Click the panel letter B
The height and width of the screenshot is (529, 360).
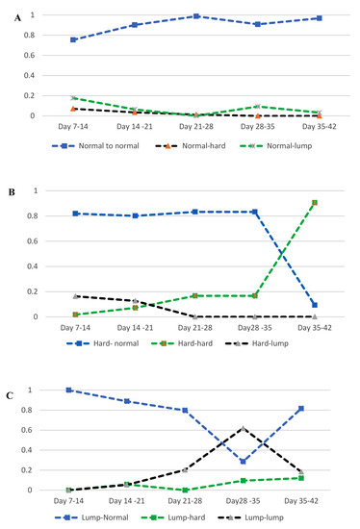click(8, 190)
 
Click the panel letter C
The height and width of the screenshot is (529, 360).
click(8, 366)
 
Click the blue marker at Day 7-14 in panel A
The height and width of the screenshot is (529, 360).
click(74, 39)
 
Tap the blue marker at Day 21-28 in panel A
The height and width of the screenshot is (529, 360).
click(195, 16)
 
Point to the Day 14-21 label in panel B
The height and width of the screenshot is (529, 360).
click(135, 329)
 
